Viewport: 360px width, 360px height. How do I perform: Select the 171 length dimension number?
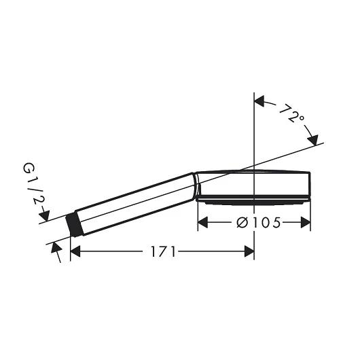pyautogui.click(x=164, y=251)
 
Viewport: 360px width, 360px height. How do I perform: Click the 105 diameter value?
pyautogui.click(x=268, y=222)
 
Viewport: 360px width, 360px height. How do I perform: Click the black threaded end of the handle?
pyautogui.click(x=76, y=225)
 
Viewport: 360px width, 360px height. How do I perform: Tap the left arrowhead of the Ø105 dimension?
pyautogui.click(x=202, y=222)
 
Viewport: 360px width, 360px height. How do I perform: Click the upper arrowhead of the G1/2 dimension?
pyautogui.click(x=44, y=217)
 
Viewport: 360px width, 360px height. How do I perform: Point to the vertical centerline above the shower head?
pyautogui.click(x=254, y=129)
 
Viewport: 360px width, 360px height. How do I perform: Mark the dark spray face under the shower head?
pyautogui.click(x=253, y=200)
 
